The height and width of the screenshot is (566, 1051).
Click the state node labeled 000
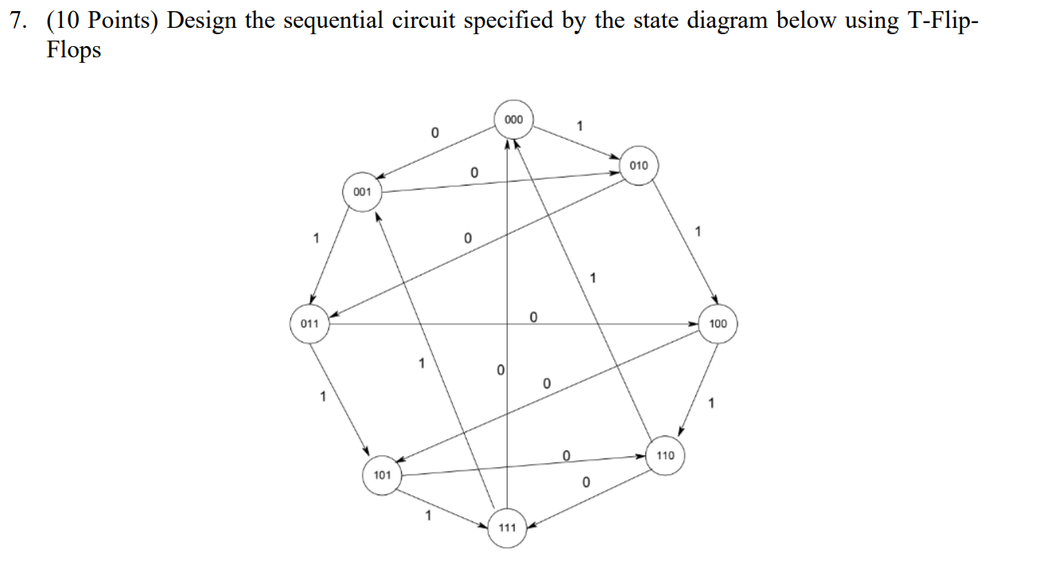click(x=514, y=119)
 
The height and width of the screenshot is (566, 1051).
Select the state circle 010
click(x=639, y=166)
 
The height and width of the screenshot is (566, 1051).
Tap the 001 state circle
click(x=362, y=192)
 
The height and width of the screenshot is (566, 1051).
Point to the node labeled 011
click(x=309, y=324)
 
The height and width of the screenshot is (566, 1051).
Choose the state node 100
click(x=718, y=324)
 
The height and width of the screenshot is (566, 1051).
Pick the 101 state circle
click(x=382, y=475)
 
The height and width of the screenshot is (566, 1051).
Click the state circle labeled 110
click(x=665, y=455)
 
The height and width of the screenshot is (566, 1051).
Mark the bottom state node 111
click(x=507, y=527)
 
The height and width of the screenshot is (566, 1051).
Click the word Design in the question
click(x=200, y=21)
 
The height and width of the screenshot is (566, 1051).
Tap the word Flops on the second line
click(x=73, y=50)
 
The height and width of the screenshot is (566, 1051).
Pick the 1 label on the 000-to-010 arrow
click(x=579, y=125)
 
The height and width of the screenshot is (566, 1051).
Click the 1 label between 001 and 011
click(x=316, y=237)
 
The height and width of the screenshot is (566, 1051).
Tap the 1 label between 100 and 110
click(x=710, y=404)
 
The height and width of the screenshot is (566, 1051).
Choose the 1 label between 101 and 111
click(x=428, y=516)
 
